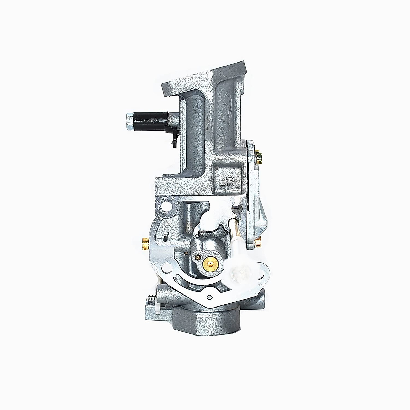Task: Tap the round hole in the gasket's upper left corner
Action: click(167, 207)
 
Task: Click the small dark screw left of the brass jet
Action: click(197, 257)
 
